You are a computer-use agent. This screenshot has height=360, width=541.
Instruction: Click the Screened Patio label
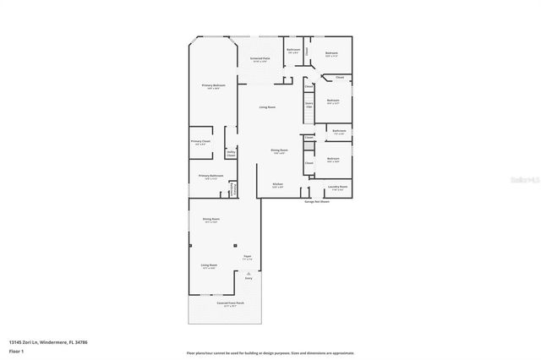(x=260, y=59)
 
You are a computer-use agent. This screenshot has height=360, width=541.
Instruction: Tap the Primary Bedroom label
(x=213, y=86)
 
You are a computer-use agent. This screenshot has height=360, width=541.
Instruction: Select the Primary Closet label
(x=200, y=142)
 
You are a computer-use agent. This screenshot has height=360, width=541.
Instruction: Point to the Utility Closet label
(x=230, y=154)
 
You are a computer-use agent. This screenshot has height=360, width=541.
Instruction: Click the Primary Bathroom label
(x=211, y=177)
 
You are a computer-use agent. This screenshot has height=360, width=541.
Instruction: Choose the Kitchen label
(x=277, y=184)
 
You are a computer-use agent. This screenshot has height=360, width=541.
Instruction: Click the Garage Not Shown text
(x=318, y=201)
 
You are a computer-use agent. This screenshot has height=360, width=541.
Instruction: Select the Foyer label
(x=248, y=256)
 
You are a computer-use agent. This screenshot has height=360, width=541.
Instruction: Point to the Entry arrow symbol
(x=248, y=273)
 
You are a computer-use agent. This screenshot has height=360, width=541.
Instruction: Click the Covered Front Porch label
(x=230, y=303)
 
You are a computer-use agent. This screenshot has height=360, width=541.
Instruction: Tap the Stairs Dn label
(x=309, y=106)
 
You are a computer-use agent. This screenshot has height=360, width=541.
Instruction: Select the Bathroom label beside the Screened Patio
(x=293, y=51)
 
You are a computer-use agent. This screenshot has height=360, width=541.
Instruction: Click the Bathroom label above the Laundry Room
(x=339, y=131)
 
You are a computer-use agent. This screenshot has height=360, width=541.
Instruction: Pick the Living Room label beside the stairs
(x=267, y=107)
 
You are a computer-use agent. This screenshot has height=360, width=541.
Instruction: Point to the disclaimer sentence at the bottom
(x=270, y=352)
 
